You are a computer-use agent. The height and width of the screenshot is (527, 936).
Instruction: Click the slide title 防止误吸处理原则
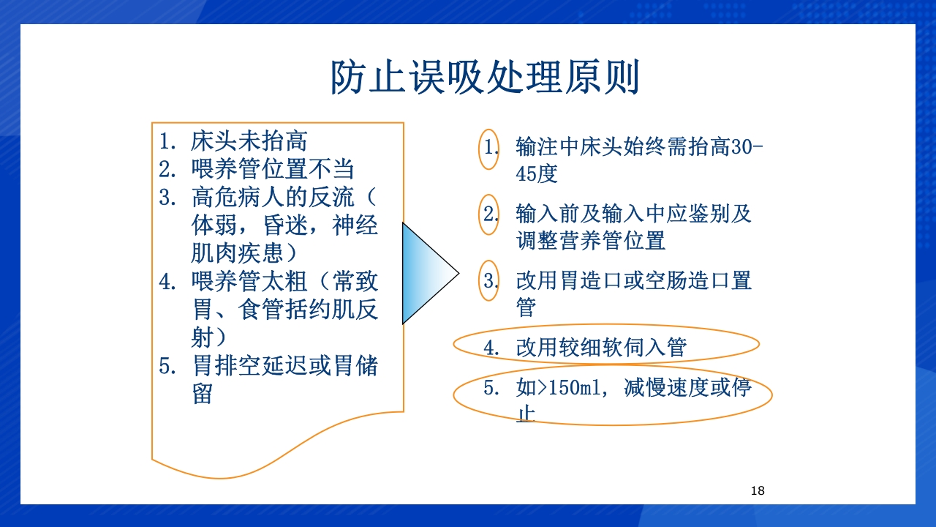tap(485, 78)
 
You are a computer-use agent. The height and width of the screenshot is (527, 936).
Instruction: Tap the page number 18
tap(758, 490)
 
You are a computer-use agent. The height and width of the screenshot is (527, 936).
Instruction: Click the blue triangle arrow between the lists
tap(429, 274)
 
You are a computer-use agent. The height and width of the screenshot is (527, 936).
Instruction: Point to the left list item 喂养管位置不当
tap(272, 170)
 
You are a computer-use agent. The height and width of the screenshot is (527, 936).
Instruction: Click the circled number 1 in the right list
tap(489, 148)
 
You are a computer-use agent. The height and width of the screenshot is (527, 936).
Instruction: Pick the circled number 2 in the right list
tap(489, 214)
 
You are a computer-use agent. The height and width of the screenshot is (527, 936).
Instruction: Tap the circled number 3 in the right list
tap(489, 280)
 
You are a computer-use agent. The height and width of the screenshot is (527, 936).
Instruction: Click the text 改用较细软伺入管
tap(601, 347)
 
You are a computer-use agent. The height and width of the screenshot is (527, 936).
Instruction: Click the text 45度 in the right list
tap(537, 174)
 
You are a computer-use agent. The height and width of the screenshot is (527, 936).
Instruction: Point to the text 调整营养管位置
tap(590, 240)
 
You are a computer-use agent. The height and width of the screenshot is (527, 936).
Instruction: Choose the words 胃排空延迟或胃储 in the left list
tap(285, 365)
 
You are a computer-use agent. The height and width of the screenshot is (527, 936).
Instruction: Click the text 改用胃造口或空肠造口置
tap(633, 280)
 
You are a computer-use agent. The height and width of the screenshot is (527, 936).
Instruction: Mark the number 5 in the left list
tap(165, 365)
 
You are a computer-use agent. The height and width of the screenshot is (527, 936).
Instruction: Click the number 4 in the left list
tap(165, 282)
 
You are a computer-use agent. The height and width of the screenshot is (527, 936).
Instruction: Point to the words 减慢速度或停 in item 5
tap(687, 388)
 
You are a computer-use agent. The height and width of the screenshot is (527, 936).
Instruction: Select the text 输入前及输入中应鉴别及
tap(633, 214)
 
